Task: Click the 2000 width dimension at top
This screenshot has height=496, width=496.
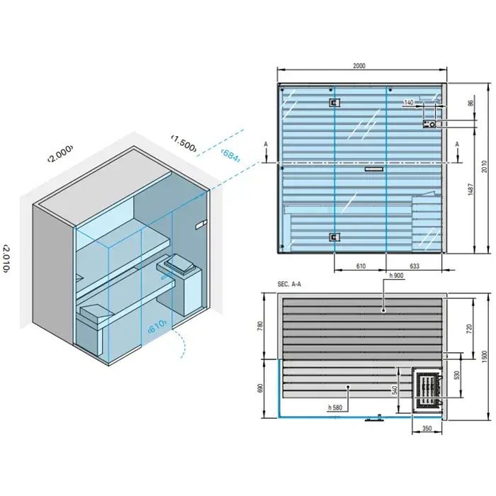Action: click(x=359, y=66)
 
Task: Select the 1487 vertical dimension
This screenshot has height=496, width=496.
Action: click(x=470, y=189)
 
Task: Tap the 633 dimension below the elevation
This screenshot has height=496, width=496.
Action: click(x=415, y=266)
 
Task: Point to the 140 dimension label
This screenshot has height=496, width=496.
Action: click(x=409, y=102)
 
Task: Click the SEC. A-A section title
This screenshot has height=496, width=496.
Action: click(x=289, y=284)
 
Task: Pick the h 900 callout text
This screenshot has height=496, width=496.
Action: click(x=396, y=276)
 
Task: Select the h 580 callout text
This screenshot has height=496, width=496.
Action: click(x=335, y=407)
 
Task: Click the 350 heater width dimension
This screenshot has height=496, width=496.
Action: click(x=427, y=428)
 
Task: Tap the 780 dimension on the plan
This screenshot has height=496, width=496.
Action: click(x=260, y=326)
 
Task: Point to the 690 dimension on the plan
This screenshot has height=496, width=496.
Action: click(x=260, y=388)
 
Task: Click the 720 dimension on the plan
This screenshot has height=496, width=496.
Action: click(x=469, y=329)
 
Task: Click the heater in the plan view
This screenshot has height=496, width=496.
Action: click(x=427, y=390)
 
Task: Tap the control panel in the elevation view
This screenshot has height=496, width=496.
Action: click(x=429, y=124)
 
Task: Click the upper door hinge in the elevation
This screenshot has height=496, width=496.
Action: click(x=334, y=103)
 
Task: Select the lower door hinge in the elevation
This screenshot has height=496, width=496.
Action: click(x=334, y=237)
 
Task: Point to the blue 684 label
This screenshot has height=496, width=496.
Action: click(x=230, y=154)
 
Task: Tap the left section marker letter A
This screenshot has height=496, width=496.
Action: click(x=266, y=145)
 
